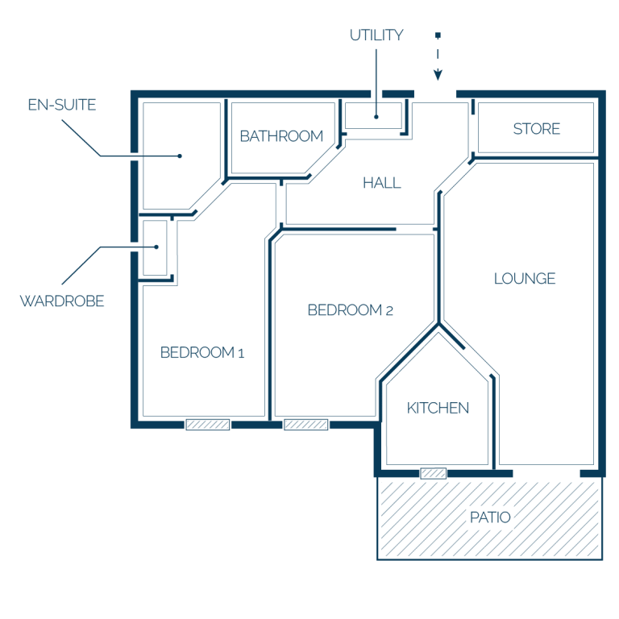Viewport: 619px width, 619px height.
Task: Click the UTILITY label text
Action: coord(376,35)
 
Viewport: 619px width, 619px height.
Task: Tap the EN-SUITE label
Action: coord(62,105)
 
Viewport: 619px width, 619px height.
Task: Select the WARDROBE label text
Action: coord(62,301)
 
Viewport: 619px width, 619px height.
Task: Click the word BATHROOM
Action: coord(281,136)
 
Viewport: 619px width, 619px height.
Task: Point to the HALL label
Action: coord(382,183)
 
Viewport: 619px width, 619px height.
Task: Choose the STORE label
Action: coord(537,129)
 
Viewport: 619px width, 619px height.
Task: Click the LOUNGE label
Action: coord(525,278)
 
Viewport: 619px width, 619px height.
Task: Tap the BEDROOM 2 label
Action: coord(350,309)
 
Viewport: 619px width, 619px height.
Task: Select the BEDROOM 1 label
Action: coord(202,352)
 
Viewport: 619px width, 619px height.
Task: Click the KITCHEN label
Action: coord(438,408)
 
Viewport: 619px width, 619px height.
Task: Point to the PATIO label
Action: coord(490,517)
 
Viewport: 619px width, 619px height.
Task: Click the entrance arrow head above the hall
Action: coord(438,75)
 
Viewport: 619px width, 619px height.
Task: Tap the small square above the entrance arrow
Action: coord(438,35)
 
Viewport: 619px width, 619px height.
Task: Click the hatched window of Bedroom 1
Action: coord(208,425)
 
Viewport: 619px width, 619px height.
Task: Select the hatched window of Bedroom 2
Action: coord(306,425)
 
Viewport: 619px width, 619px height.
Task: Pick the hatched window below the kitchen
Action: coord(433,473)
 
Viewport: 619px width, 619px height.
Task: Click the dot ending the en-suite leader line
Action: coord(180,156)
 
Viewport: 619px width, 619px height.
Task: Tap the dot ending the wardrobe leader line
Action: coord(156,247)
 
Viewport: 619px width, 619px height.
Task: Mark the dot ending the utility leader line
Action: coord(376,117)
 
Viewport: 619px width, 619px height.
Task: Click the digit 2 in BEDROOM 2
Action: coord(389,311)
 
